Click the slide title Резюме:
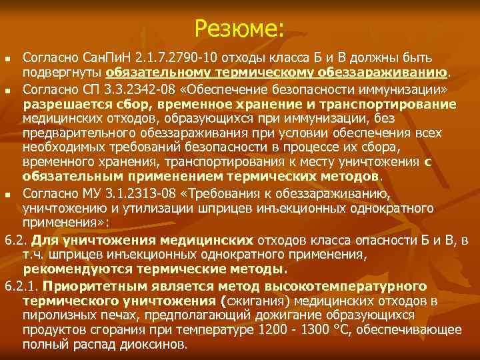coord(240,27)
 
